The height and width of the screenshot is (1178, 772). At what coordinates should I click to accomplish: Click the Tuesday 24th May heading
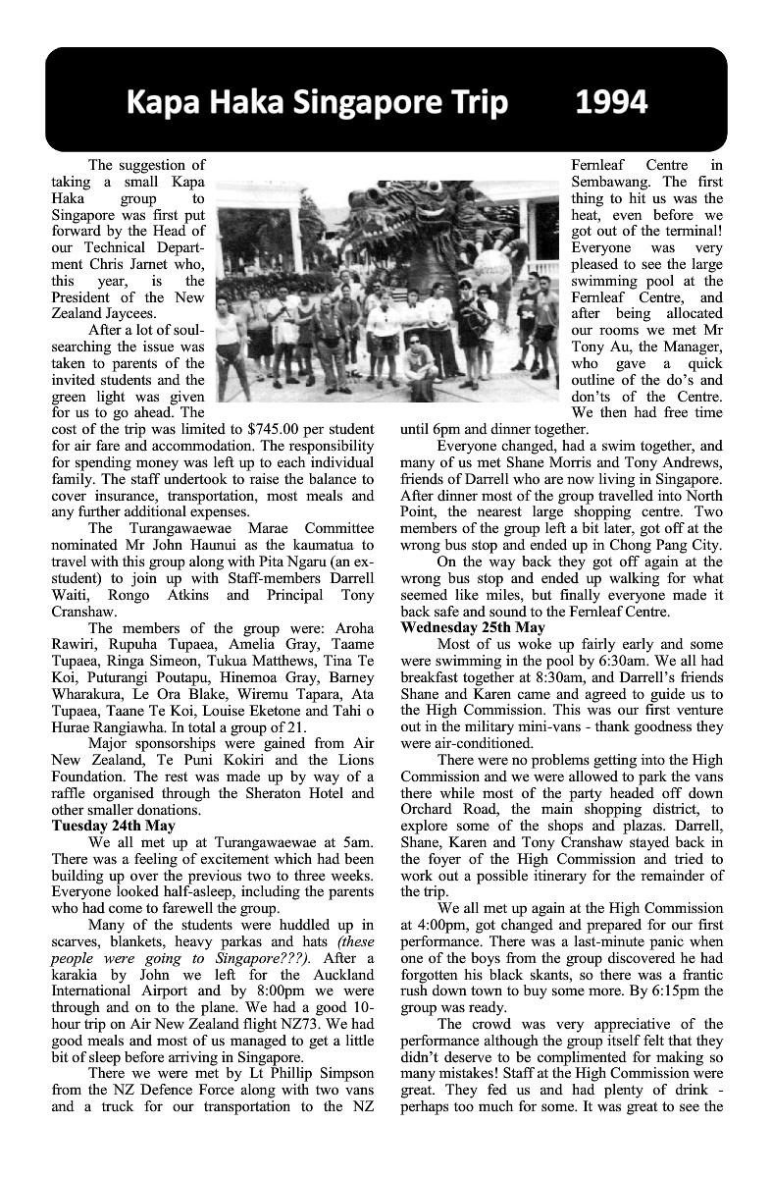pos(113,826)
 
